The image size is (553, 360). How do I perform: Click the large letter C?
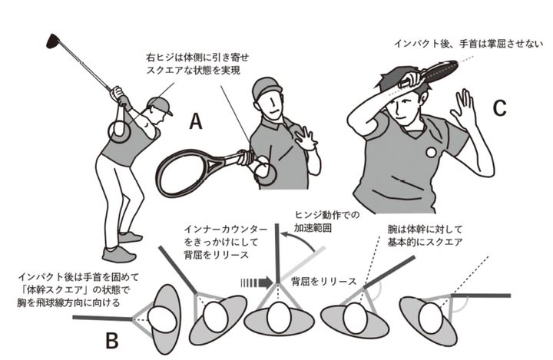pyautogui.click(x=499, y=108)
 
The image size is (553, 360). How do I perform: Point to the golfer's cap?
pyautogui.click(x=159, y=103)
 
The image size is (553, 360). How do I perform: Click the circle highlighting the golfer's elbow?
pyautogui.click(x=120, y=130)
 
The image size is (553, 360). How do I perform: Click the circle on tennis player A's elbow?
pyautogui.click(x=264, y=170)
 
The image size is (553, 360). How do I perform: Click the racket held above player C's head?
pyautogui.click(x=442, y=71)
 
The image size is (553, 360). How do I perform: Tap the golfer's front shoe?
pyautogui.click(x=119, y=254)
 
